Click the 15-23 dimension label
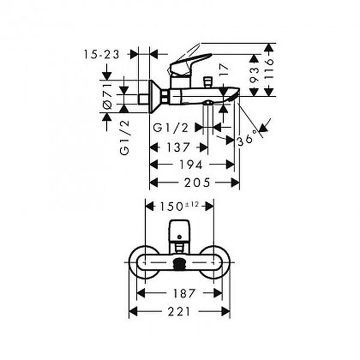click(x=101, y=55)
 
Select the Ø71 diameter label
click(x=107, y=97)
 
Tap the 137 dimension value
click(x=178, y=148)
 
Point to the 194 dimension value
click(x=191, y=164)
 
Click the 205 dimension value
click(x=197, y=182)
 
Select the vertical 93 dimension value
click(x=254, y=75)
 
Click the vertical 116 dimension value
click(x=269, y=68)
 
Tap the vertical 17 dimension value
click(x=224, y=70)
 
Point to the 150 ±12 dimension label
click(x=179, y=206)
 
